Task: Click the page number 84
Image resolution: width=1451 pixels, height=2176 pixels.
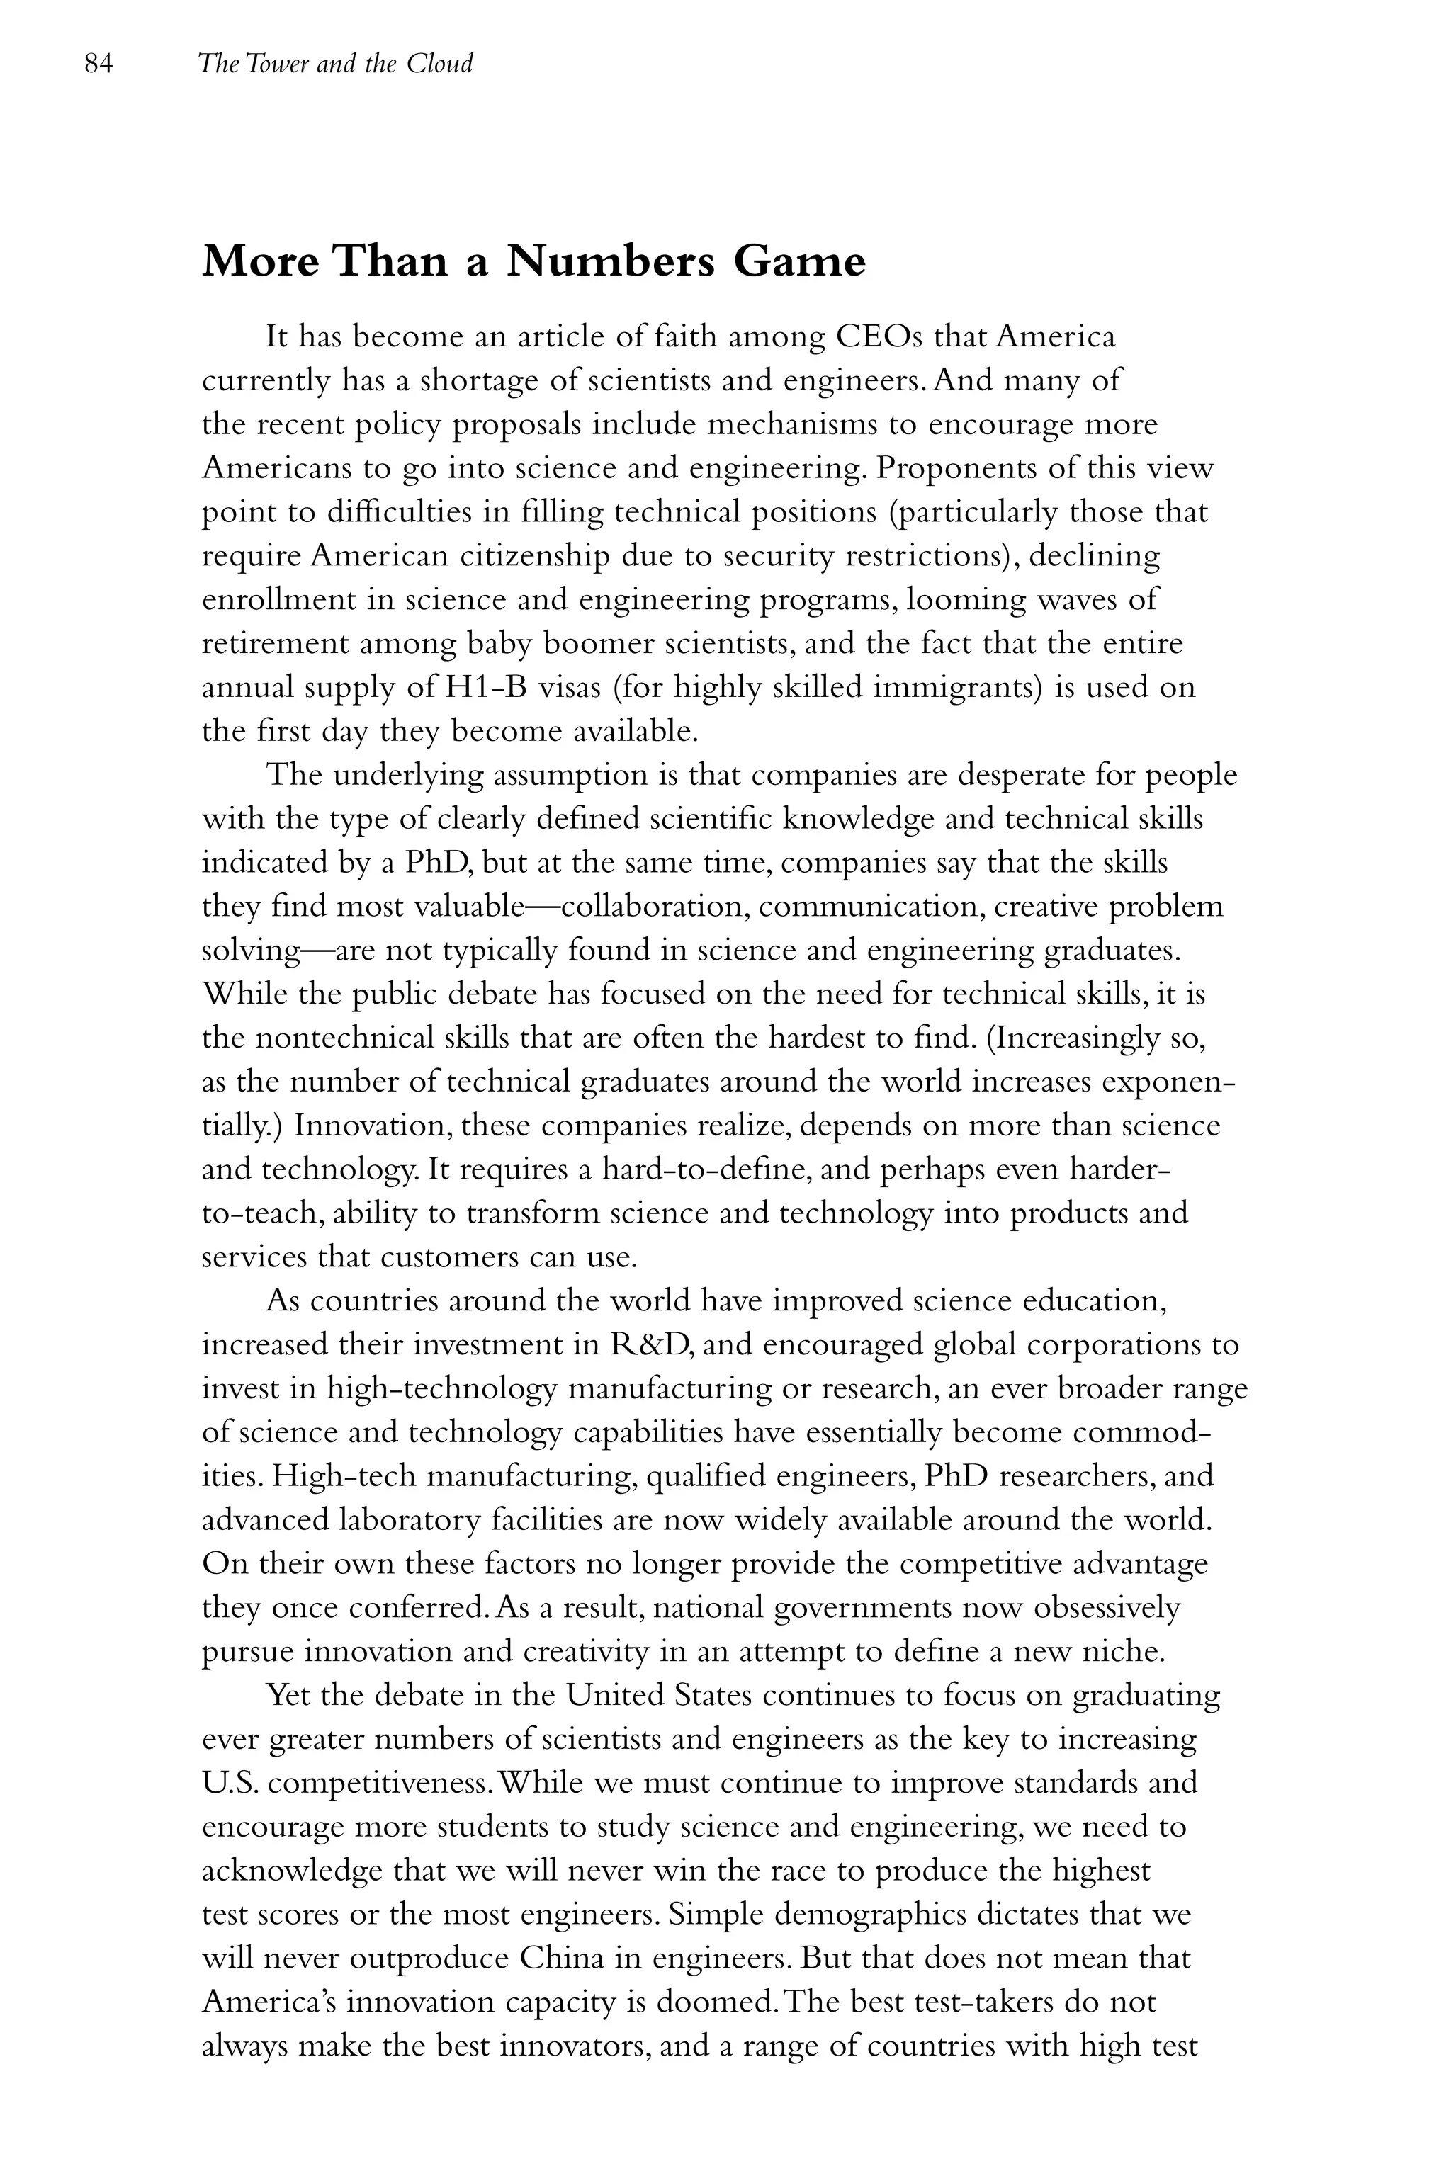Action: pyautogui.click(x=98, y=64)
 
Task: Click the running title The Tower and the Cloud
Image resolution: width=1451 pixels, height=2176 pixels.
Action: pyautogui.click(x=335, y=64)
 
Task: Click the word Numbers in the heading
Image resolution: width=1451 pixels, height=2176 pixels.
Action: pyautogui.click(x=611, y=262)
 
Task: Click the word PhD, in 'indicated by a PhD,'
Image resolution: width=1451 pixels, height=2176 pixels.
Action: pyautogui.click(x=439, y=863)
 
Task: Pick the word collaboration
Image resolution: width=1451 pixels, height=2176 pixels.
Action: pyautogui.click(x=659, y=907)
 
